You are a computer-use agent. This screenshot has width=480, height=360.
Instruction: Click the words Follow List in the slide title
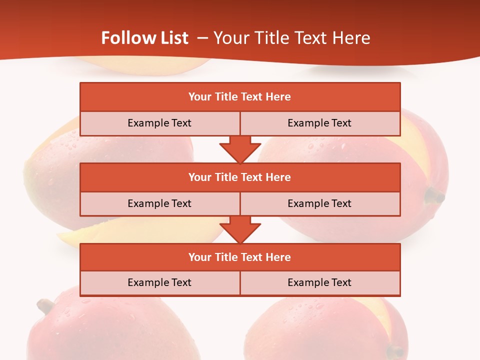144,38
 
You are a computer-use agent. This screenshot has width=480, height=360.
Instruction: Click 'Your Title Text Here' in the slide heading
291,38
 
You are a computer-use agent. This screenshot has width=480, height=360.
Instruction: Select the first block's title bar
240,97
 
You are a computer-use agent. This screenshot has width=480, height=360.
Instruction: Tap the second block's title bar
240,177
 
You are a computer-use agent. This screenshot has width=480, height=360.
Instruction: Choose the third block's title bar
240,257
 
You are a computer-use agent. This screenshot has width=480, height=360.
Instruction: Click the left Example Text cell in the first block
159,123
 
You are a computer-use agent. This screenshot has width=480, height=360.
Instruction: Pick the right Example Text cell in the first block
319,123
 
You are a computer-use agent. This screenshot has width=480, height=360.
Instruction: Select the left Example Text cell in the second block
159,203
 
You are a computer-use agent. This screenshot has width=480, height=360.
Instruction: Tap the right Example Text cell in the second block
319,203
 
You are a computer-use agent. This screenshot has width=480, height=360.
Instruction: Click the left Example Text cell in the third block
159,283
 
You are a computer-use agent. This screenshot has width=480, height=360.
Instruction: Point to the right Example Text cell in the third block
319,283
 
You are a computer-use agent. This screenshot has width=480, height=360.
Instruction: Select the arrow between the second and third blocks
240,229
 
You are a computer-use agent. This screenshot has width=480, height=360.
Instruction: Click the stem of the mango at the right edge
434,196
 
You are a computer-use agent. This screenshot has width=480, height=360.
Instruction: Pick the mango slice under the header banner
145,65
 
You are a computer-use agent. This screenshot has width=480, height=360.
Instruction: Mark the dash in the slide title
202,38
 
